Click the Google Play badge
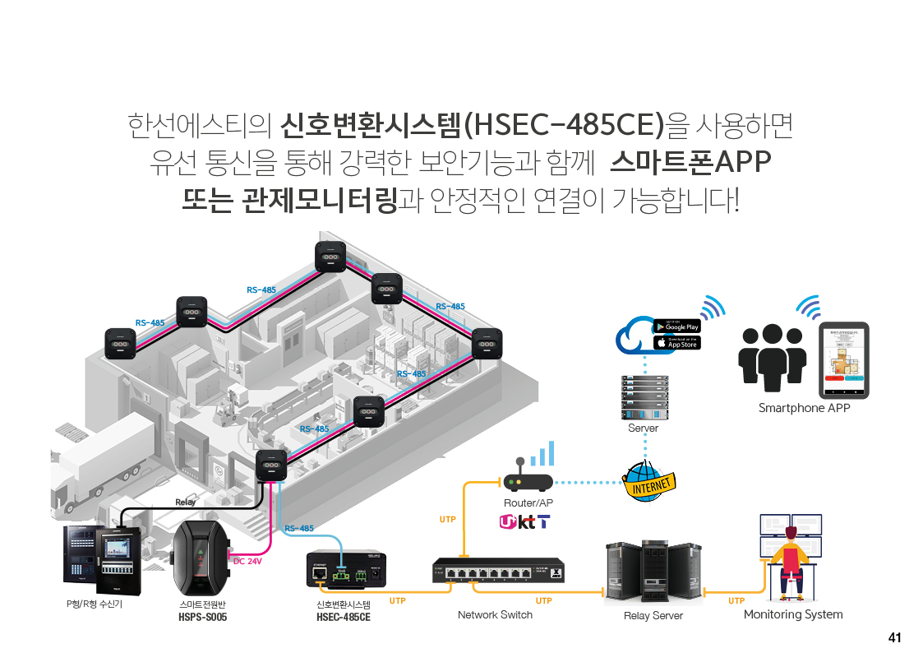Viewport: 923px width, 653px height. [676, 326]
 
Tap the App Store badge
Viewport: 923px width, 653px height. [676, 343]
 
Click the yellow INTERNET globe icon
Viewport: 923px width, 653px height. [649, 481]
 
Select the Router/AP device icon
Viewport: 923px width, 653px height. [527, 483]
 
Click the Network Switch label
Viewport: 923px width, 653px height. [495, 614]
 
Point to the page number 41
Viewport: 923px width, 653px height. [895, 637]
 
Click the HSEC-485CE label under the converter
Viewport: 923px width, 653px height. [344, 616]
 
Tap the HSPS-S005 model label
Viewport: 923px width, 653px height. [202, 616]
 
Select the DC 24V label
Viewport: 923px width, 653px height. [248, 562]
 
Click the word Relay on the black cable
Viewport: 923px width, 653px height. [185, 502]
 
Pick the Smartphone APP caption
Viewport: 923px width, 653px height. [804, 408]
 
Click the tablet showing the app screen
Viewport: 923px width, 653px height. [845, 359]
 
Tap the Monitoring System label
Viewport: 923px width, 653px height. [793, 614]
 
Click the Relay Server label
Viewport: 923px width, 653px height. [653, 615]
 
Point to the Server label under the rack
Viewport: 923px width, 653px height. [643, 428]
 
